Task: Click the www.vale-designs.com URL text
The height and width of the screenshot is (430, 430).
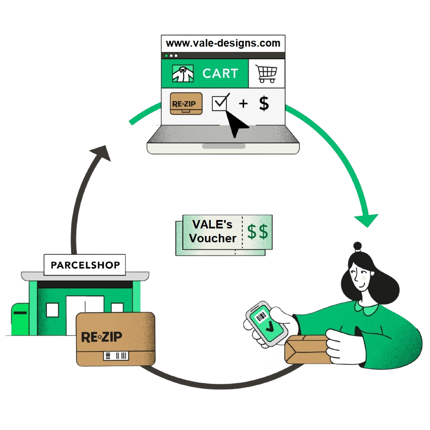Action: tap(223, 43)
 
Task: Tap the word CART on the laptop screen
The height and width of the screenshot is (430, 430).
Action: tap(220, 73)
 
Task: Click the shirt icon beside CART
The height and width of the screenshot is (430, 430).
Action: tap(183, 74)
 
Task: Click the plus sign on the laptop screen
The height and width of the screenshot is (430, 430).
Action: tap(243, 103)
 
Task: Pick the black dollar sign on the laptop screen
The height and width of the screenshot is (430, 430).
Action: tap(264, 103)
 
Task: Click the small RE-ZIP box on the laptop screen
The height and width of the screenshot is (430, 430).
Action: tap(186, 103)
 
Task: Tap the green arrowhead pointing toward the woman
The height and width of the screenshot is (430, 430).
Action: tap(366, 220)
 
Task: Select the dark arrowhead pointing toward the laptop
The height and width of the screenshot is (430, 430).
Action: tap(100, 153)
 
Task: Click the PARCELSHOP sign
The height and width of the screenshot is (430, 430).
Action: tap(85, 265)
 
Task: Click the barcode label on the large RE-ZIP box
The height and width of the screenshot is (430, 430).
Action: tap(116, 356)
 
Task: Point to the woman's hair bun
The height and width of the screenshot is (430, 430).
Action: tap(357, 246)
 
